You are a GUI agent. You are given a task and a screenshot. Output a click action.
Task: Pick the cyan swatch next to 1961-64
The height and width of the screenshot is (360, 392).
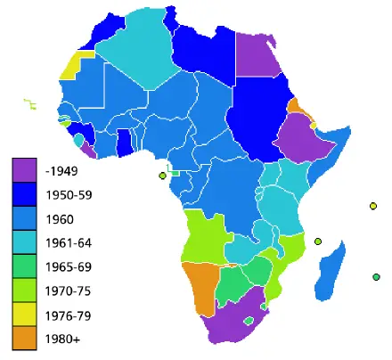23,242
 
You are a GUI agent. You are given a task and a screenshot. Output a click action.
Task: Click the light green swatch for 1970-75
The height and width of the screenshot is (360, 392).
23,290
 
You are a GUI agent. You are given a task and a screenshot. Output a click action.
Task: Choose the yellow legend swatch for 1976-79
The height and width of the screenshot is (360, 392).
23,315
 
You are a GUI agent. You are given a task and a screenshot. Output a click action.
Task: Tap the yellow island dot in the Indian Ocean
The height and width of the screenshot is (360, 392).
372,208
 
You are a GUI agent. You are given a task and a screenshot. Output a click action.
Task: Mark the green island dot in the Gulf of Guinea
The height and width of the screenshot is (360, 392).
162,176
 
